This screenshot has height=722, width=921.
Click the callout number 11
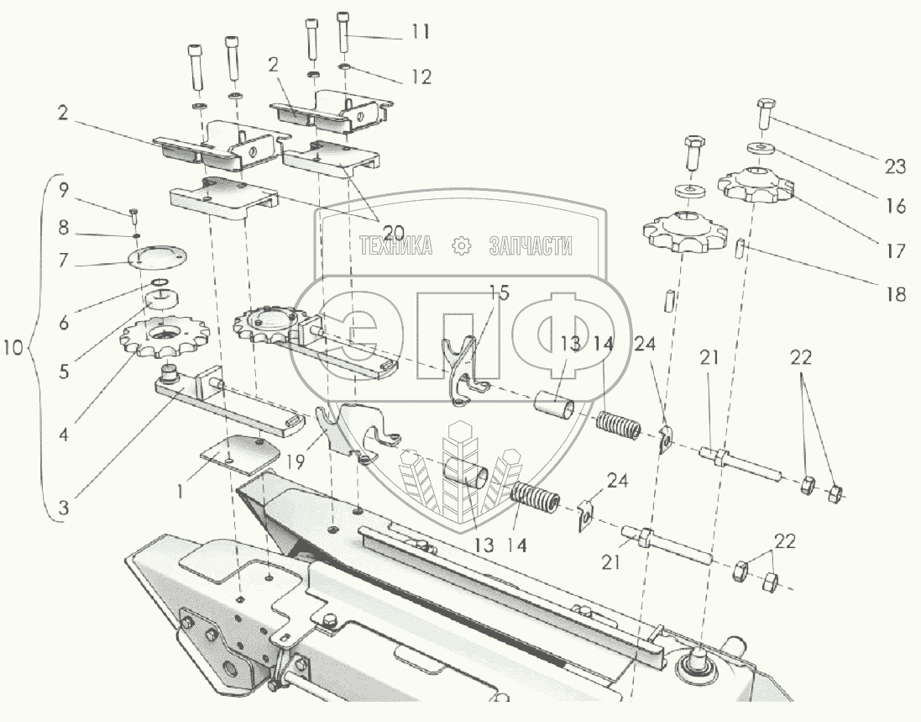(x=420, y=33)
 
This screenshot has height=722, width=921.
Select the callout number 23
(x=895, y=166)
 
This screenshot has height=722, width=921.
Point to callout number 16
(x=895, y=206)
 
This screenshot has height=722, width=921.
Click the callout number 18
(x=895, y=294)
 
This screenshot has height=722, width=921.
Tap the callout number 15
(x=499, y=293)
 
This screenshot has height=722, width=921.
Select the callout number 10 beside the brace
(x=14, y=347)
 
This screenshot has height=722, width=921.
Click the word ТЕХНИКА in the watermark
(x=396, y=246)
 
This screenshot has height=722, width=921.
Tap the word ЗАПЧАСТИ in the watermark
(x=531, y=246)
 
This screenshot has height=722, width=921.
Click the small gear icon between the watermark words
(x=461, y=246)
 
